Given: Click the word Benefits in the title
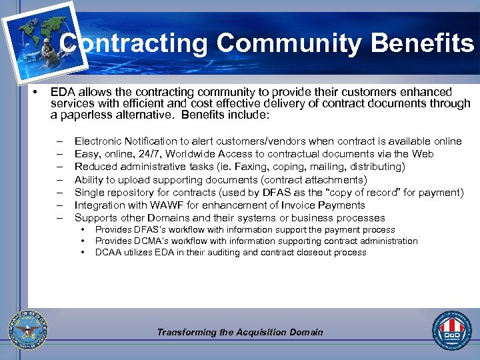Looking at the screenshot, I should (422, 44).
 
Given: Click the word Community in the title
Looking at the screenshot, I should (289, 44).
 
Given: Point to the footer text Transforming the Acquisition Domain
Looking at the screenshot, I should (240, 332).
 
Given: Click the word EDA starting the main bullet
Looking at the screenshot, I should (63, 92).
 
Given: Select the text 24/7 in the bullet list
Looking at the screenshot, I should (145, 154).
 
